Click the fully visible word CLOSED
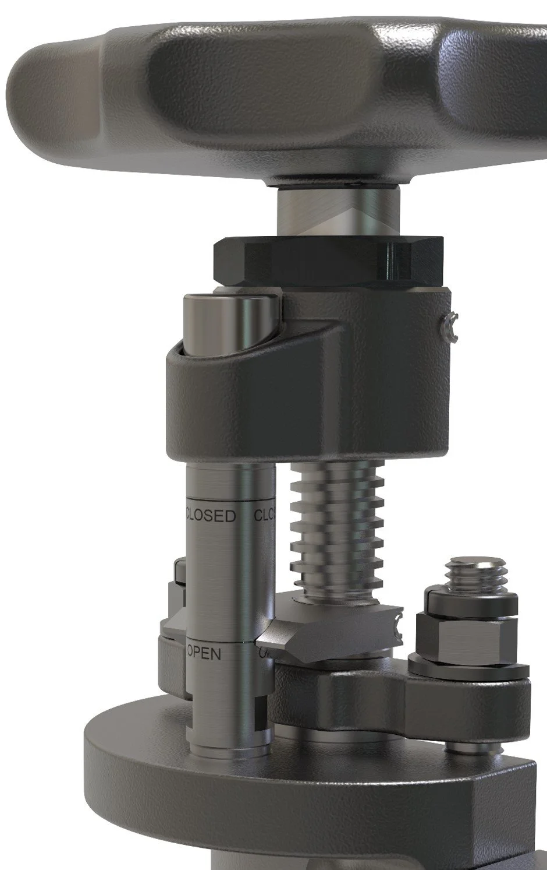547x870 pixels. coord(211,516)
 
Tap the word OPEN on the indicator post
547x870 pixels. coord(204,654)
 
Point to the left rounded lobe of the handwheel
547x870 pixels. coord(64,87)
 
